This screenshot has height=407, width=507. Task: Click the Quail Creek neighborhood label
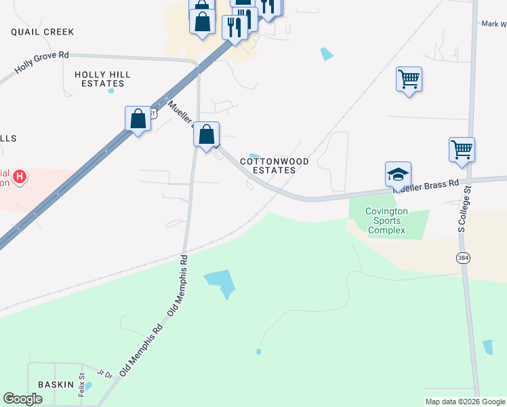point(42,32)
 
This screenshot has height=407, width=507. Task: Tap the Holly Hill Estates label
point(103,79)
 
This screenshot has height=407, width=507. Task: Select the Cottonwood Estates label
point(275,166)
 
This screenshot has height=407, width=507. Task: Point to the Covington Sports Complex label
point(386,221)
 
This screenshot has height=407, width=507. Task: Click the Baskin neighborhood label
point(56,385)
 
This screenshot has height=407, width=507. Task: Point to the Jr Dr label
point(104,374)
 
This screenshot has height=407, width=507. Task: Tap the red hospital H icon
point(20,178)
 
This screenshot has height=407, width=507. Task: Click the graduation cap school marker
point(398,174)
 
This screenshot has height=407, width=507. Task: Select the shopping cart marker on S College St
point(462,149)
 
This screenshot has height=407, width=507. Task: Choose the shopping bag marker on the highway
point(138,119)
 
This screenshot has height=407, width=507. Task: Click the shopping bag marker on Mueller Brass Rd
point(207,134)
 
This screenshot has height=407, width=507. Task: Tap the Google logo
point(23,399)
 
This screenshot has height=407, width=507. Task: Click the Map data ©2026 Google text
point(464,402)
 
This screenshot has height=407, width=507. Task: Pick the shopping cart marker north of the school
point(409,79)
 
